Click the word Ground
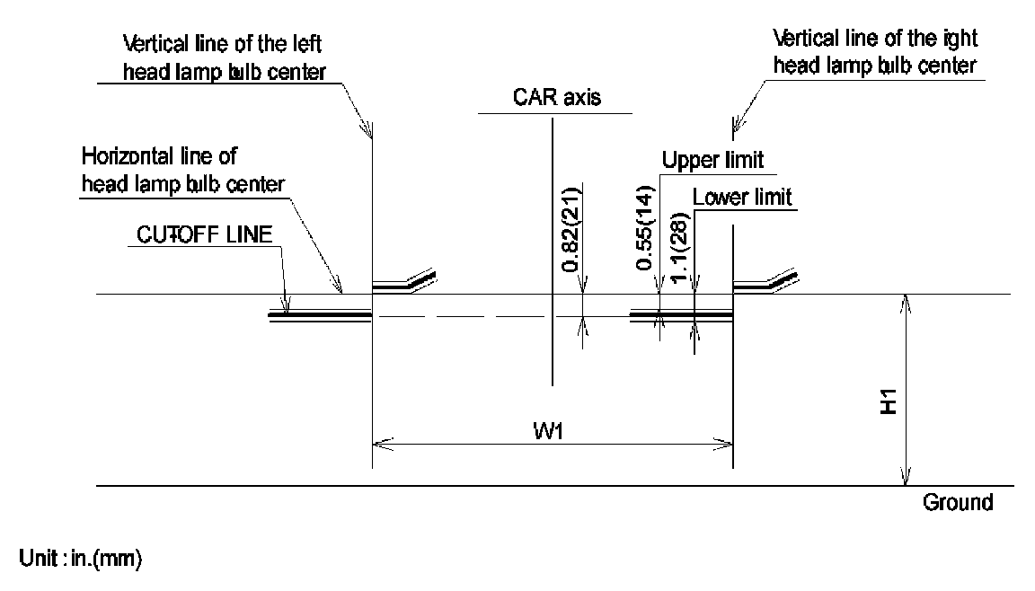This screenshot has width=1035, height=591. (x=958, y=502)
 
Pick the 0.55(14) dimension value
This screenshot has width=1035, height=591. (x=644, y=230)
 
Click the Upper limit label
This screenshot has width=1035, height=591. (x=712, y=161)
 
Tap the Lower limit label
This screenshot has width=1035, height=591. (x=742, y=197)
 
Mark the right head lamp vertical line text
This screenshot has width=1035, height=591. (x=875, y=54)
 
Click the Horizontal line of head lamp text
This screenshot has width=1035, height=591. (x=183, y=170)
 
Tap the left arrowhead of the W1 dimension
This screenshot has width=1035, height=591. (x=381, y=441)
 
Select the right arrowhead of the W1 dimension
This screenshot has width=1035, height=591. (x=724, y=441)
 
